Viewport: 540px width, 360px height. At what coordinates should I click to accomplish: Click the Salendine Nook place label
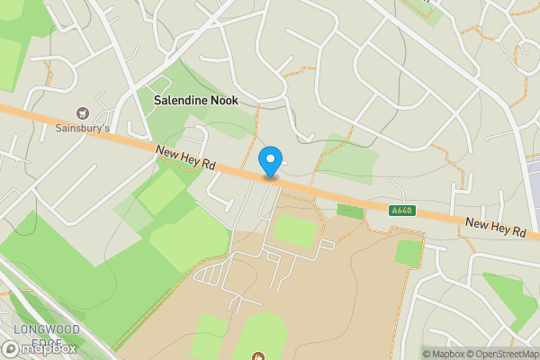(x=196, y=101)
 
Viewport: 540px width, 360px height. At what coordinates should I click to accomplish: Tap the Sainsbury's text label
(x=80, y=128)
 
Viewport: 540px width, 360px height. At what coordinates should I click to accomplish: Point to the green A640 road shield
(x=402, y=211)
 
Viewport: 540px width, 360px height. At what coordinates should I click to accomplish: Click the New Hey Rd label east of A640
(x=495, y=228)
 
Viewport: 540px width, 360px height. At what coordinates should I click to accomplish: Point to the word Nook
(x=223, y=101)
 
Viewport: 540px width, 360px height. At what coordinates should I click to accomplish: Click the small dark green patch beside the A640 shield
(x=350, y=211)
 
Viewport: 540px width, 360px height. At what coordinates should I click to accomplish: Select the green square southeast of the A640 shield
(x=408, y=253)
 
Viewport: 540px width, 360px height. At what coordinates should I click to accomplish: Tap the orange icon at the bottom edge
(x=259, y=356)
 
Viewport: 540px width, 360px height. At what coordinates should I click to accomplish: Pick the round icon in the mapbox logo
(x=11, y=348)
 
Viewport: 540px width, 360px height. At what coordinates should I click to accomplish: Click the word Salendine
(x=182, y=101)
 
